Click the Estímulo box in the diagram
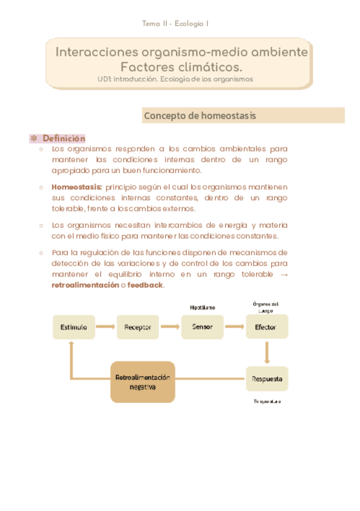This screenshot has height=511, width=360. tap(74, 327)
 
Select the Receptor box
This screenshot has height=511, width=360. tap(137, 327)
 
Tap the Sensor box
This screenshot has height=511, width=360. tap(202, 327)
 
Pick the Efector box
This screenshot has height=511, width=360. tap(267, 327)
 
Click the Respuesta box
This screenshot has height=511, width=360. tap(267, 379)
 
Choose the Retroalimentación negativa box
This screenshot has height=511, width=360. tap(143, 382)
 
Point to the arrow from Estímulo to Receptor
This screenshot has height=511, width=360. tap(106, 327)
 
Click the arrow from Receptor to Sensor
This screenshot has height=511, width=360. tap(169, 327)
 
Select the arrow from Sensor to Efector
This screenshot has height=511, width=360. tap(234, 327)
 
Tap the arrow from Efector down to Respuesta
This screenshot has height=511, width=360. tap(267, 352)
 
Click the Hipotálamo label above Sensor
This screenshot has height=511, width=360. tap(202, 307)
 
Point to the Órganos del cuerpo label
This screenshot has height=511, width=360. tap(266, 307)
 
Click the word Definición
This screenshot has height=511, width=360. tap(64, 139)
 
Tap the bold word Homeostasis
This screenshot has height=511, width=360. tap(77, 186)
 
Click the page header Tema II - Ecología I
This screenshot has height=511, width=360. tap(175, 24)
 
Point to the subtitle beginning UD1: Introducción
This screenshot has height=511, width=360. tap(175, 79)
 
